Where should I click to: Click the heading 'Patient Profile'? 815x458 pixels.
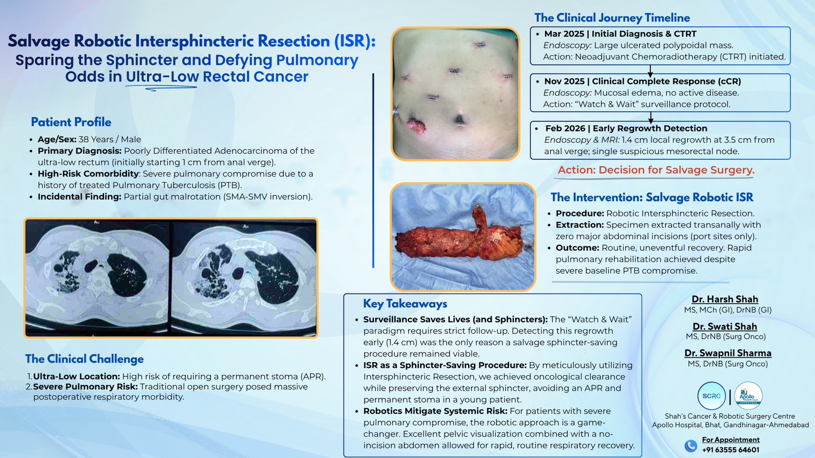click(71, 122)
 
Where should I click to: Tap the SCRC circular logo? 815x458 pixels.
click(711, 396)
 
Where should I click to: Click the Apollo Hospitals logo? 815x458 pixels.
click(748, 396)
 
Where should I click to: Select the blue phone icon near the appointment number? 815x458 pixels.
click(690, 446)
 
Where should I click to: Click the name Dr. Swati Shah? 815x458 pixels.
click(724, 326)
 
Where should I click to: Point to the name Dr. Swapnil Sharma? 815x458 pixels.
click(727, 353)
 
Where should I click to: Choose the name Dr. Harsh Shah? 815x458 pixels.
click(724, 299)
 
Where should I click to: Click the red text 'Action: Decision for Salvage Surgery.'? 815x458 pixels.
click(656, 170)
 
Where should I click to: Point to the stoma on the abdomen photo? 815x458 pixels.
click(416, 125)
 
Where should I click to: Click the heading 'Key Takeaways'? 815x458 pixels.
click(405, 304)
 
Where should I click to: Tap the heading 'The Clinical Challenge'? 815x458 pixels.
click(85, 359)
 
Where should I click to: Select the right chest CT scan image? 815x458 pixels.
click(243, 277)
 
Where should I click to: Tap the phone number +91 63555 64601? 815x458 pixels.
click(730, 450)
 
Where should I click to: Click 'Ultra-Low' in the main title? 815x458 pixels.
click(162, 77)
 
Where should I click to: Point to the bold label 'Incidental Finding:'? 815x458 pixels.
click(79, 197)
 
